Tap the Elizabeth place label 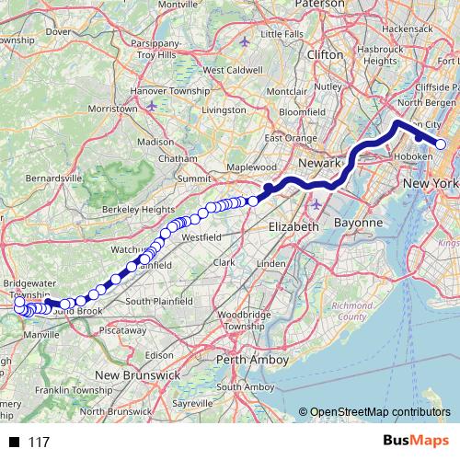point(293,226)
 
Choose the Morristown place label point(98,109)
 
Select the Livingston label point(224,109)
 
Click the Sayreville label point(193,403)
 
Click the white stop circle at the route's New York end point(441,144)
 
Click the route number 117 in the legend point(39,443)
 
